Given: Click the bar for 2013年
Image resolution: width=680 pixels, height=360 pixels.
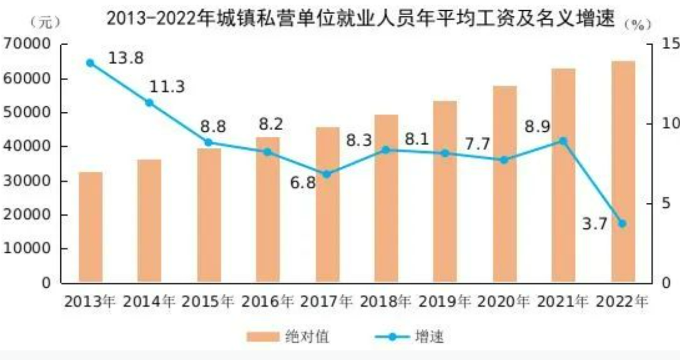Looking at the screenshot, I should (90, 227).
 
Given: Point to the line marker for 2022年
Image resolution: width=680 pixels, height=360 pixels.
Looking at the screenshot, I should (623, 223).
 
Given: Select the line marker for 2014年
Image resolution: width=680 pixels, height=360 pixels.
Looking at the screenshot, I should (149, 103).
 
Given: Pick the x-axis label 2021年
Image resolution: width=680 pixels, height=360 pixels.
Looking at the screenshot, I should (563, 301).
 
